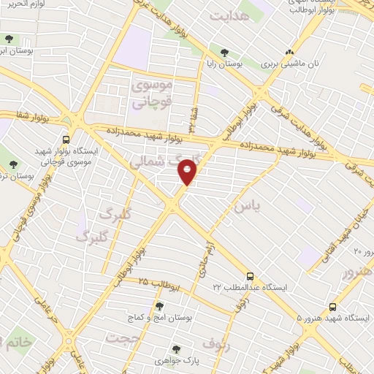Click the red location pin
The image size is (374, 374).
coord(188,173)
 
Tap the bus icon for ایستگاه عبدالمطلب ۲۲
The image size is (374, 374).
coord(251,277)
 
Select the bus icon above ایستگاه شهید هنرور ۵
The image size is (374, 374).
coord(332,307)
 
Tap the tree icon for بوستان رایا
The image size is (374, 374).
coord(224,53)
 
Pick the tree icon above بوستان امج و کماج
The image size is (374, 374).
coord(159,305)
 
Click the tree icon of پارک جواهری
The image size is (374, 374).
coord(175,350)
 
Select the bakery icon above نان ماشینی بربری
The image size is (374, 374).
coord(289,53)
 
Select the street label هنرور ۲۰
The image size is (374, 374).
coord(363,252)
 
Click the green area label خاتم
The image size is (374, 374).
coord(15,342)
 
